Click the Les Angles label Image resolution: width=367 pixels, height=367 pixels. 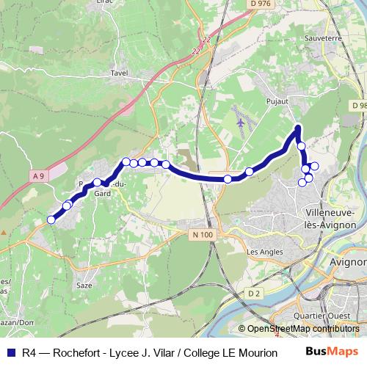(x=265, y=252)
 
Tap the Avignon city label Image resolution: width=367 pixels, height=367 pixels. (x=348, y=261)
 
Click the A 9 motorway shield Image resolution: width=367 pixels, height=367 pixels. (x=39, y=175)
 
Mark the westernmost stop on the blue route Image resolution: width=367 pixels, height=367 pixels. (x=51, y=219)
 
